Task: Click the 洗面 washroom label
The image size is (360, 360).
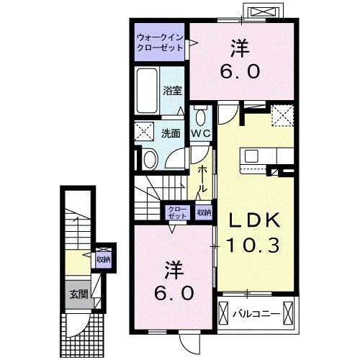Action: click(170, 132)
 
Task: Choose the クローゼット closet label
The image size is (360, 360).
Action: click(176, 212)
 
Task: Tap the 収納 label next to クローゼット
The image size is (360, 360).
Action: click(204, 212)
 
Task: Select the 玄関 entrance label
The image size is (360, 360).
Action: click(78, 293)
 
